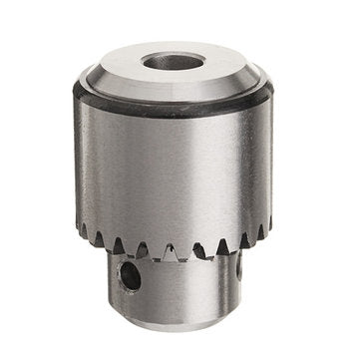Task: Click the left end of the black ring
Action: (75, 92)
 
